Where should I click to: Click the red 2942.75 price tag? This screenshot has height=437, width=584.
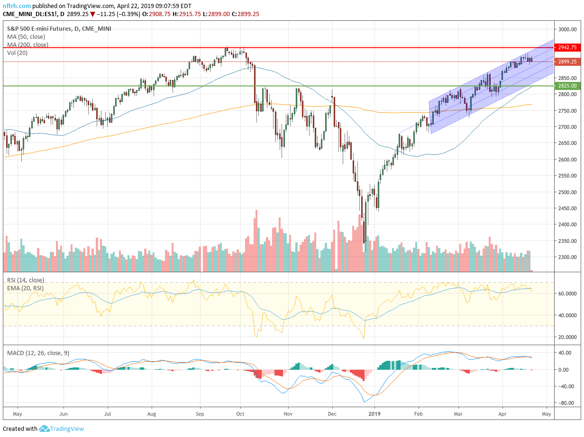(567, 47)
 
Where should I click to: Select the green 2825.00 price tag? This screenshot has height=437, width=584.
(567, 86)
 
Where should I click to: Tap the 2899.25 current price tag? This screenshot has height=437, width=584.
(567, 62)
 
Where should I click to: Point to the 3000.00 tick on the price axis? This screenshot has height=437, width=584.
(567, 29)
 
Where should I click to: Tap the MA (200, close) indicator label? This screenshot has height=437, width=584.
(27, 45)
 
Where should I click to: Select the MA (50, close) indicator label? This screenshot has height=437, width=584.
(26, 36)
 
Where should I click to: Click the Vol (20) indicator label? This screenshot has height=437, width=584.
(17, 53)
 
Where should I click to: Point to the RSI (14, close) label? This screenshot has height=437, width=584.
(26, 280)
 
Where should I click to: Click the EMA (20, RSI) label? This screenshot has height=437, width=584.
(26, 287)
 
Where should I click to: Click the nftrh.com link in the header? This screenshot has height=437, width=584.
(18, 6)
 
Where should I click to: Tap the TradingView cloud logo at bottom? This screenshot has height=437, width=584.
(44, 429)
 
